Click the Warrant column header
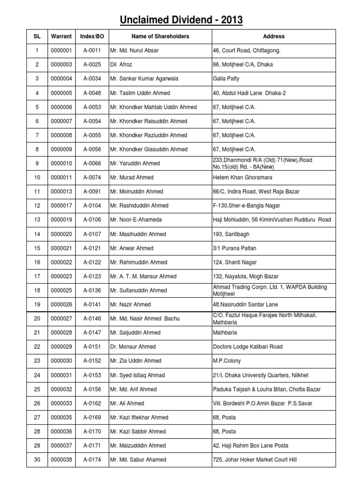[x=61, y=36]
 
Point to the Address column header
[x=274, y=36]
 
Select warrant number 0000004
[x=61, y=79]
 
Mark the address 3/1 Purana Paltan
[x=235, y=248]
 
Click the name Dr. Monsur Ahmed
[x=133, y=347]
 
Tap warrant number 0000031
[x=61, y=375]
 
